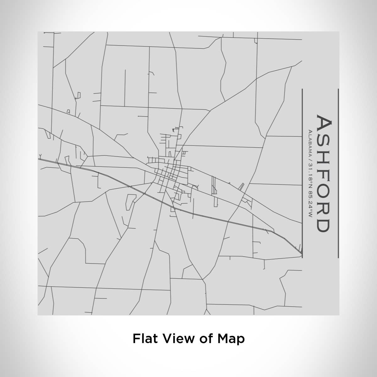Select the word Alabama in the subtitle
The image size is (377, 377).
(310, 143)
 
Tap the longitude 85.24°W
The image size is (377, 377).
(310, 204)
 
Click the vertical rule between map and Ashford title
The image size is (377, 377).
(302, 173)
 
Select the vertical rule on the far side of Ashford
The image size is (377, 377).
(338, 173)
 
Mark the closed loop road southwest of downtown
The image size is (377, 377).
(129, 202)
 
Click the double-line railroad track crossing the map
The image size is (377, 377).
(220, 220)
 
